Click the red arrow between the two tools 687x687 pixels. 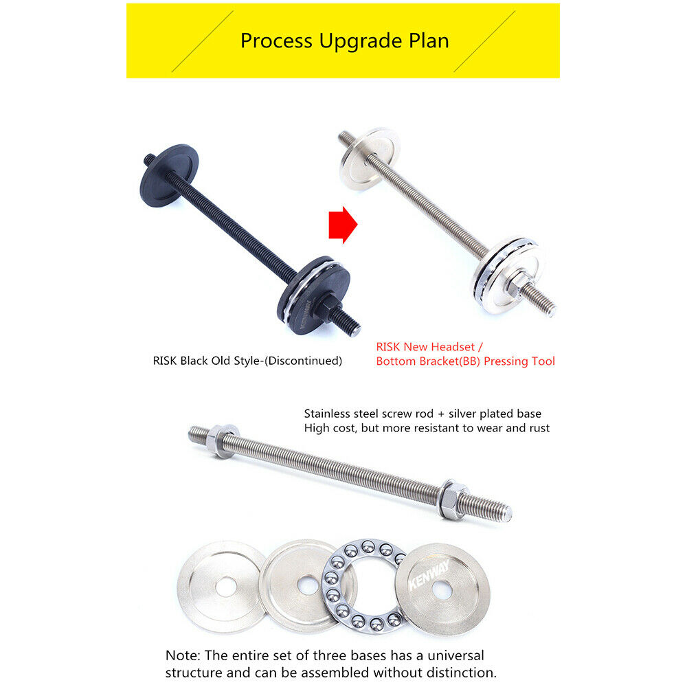pos(343,225)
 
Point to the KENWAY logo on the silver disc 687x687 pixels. pos(429,574)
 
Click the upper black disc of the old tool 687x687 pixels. pos(169,175)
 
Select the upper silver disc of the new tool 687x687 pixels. pos(370,159)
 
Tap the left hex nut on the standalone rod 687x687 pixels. pos(222,441)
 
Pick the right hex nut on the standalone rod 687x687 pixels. pos(453,499)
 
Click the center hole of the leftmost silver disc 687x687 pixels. pos(226,587)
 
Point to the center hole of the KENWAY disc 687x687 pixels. pos(442,590)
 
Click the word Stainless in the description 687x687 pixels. pos(325,414)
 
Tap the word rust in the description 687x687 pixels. pos(539,428)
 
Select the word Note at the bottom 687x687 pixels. pos(183,655)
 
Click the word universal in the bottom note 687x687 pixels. pos(455,655)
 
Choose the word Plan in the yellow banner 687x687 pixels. pos(429,41)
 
